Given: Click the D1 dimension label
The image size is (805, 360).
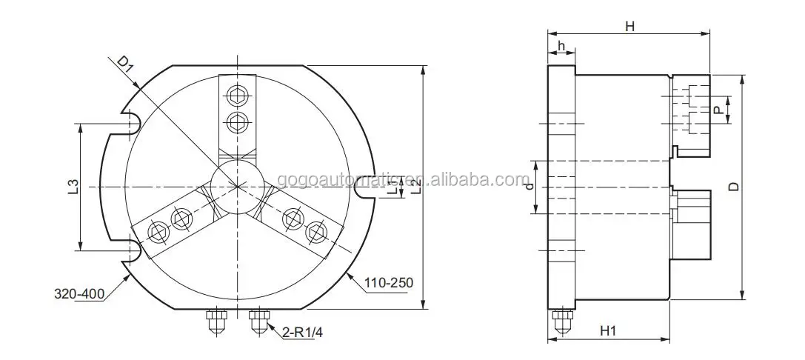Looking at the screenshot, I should (125, 66).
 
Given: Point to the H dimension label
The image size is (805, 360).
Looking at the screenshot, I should (629, 27).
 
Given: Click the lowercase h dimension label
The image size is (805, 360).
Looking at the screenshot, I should (561, 47).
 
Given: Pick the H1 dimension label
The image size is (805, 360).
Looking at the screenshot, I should (608, 331).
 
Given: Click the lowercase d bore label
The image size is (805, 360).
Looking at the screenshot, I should (529, 187).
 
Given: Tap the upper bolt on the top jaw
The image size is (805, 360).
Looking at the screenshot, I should (237, 95).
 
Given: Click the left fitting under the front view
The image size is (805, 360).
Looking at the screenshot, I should (216, 320).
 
